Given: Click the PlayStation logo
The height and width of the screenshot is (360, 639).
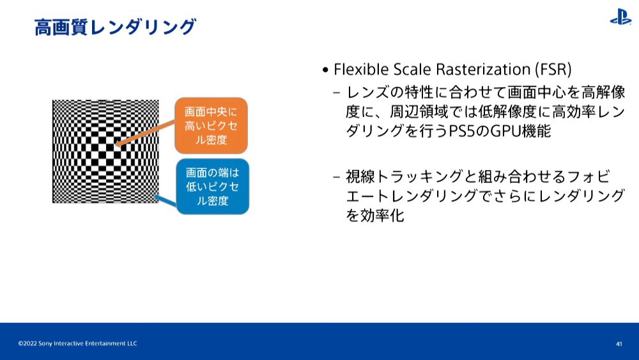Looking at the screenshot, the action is (620, 17).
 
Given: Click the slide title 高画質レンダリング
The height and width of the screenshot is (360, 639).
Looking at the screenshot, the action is (115, 27).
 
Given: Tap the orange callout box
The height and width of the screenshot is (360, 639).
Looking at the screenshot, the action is (211, 125).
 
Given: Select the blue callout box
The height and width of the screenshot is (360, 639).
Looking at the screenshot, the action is (212, 187).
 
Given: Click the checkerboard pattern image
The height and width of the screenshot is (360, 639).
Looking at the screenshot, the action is (105, 152).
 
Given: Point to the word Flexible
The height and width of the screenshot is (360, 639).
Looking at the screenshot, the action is (361, 69).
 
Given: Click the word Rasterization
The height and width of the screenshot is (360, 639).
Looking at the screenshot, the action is (483, 69).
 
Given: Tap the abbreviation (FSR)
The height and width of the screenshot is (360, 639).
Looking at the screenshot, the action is (553, 69).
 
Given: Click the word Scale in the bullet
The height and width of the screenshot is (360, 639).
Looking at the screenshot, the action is (412, 69).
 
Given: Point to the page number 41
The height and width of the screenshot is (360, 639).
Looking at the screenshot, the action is (619, 344).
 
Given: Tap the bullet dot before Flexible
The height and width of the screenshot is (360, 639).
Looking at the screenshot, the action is (325, 70).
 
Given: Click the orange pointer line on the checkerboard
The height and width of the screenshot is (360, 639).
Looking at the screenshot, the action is (146, 133).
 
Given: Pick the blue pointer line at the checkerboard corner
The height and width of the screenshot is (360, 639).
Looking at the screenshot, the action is (166, 201).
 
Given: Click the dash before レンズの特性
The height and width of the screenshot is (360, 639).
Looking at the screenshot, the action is (336, 93).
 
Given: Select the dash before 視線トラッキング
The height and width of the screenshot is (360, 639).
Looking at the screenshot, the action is (336, 177).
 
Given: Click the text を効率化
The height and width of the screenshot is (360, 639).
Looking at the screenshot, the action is (375, 215).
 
